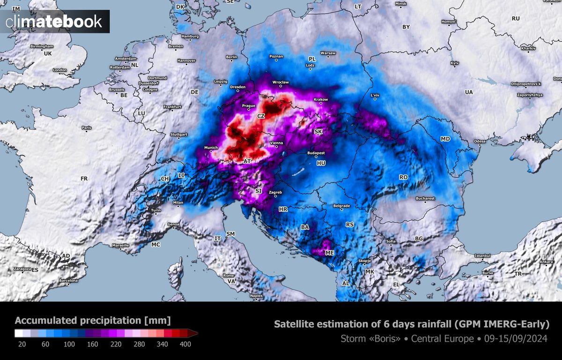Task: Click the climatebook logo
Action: (x=54, y=21)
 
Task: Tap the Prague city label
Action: (x=248, y=106)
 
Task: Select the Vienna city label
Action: (x=276, y=142)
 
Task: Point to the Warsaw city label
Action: (x=328, y=53)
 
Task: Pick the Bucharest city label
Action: (x=425, y=198)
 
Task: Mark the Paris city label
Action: (x=86, y=127)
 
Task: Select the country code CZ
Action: (x=261, y=115)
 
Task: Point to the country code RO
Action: (x=403, y=177)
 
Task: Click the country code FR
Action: (x=84, y=179)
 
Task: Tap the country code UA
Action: (x=469, y=92)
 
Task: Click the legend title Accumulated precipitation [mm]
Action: (x=93, y=321)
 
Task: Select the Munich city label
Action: (x=211, y=148)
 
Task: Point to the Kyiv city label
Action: (x=454, y=62)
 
